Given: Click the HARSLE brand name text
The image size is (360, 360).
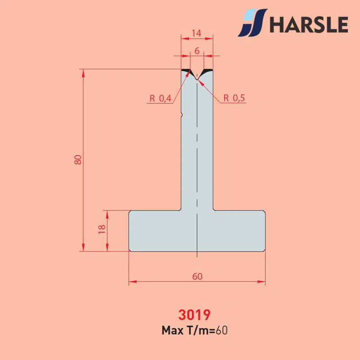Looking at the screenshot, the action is point(309,24).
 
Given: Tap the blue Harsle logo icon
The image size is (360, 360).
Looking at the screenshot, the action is point(252,23).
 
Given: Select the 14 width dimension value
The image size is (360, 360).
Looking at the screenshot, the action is point(197,33).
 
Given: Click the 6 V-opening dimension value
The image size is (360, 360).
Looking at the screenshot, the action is point(197,51).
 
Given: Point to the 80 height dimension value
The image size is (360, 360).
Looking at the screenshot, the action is point(78,160).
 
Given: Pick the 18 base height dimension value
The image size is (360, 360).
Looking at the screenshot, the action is point(102,229).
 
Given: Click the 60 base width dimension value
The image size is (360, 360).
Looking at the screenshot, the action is point(197,276).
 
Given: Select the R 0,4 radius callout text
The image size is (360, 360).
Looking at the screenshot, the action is point(161,99).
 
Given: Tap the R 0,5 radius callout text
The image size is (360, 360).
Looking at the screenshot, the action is point(234,98).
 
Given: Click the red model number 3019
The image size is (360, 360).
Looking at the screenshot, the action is point(194,315).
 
